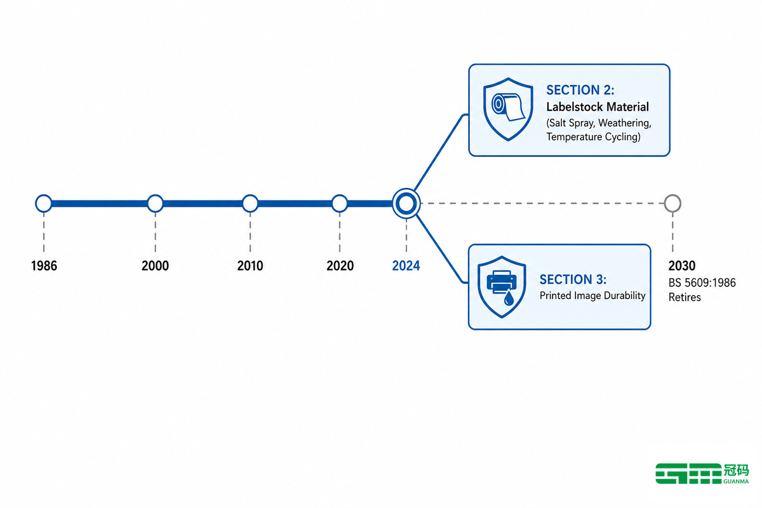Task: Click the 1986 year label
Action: pyautogui.click(x=44, y=265)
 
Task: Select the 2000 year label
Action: pyautogui.click(x=155, y=265)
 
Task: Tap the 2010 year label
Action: pyautogui.click(x=250, y=265)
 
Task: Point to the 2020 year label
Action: pyautogui.click(x=340, y=265)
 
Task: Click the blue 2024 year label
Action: pyautogui.click(x=406, y=265)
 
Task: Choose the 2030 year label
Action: pyautogui.click(x=682, y=265)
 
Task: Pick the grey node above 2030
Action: pyautogui.click(x=672, y=196)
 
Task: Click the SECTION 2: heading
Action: pyautogui.click(x=580, y=90)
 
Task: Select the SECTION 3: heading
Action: pyautogui.click(x=573, y=279)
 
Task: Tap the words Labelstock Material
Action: pyautogui.click(x=598, y=107)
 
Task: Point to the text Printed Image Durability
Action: pyautogui.click(x=592, y=295)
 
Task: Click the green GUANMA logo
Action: pyautogui.click(x=702, y=473)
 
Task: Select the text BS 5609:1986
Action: pyautogui.click(x=702, y=283)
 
